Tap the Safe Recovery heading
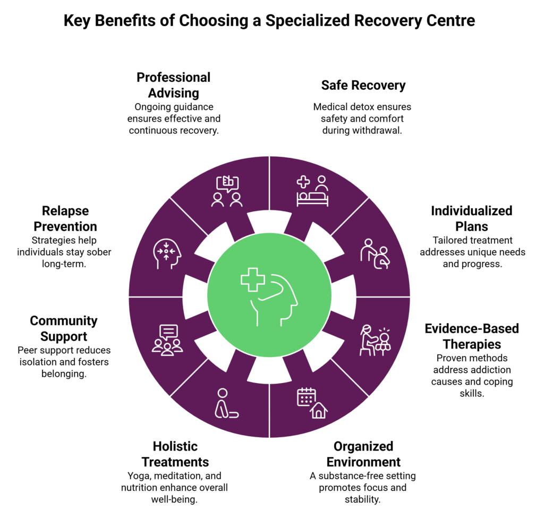point(363,85)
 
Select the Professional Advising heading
point(173,85)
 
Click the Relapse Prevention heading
point(65,219)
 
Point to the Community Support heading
point(64,328)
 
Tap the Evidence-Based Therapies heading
point(472,336)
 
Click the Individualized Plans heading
point(472,218)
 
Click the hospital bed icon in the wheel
point(312,192)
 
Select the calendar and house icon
point(313,403)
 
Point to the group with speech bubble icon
point(167,340)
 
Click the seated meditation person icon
point(225,403)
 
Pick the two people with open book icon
point(227,192)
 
